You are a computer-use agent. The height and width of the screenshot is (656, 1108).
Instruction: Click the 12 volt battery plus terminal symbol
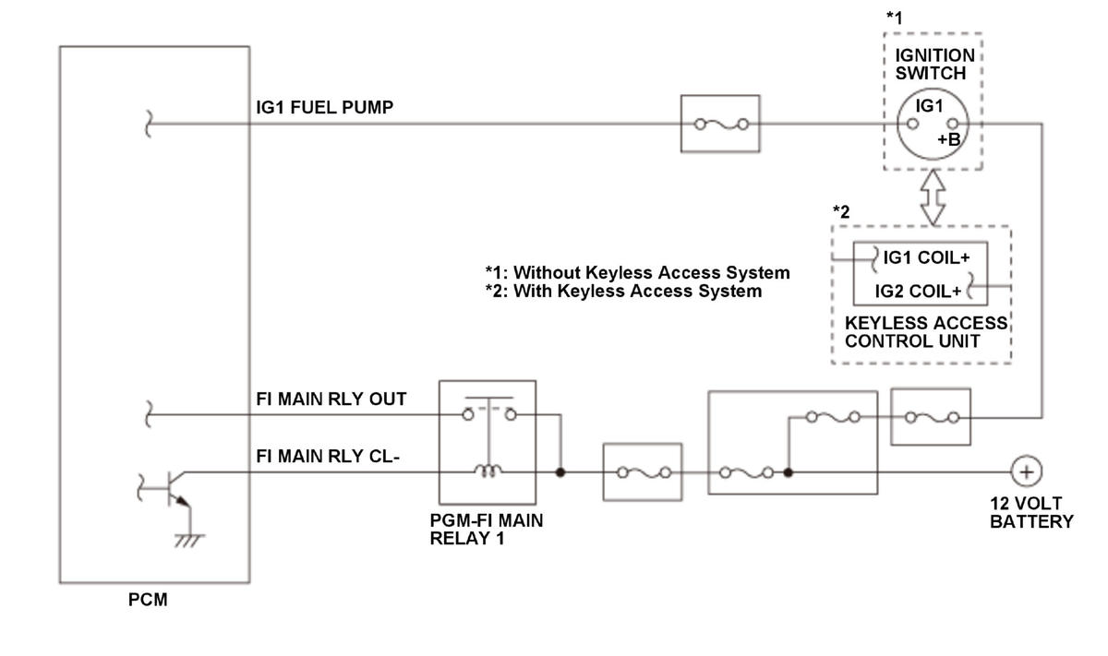click(x=1027, y=471)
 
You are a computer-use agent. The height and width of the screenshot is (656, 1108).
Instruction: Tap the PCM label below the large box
click(x=148, y=600)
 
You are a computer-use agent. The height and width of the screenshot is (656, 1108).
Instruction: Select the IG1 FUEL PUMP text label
click(x=324, y=107)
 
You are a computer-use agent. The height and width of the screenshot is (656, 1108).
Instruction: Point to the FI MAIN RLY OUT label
click(x=331, y=399)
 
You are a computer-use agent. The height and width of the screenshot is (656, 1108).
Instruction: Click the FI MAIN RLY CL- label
click(x=328, y=457)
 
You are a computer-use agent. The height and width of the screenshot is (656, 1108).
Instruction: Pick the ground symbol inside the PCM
click(x=189, y=541)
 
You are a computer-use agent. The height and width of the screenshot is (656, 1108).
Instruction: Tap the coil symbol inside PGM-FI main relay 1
click(x=488, y=471)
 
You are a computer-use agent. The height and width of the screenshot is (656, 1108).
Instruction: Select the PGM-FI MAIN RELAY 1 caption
click(x=487, y=530)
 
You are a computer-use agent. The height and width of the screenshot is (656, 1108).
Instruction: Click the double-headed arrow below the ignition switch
click(x=933, y=197)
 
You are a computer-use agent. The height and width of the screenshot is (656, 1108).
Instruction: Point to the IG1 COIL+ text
click(x=926, y=257)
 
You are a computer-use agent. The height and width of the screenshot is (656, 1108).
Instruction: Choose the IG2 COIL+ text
click(x=918, y=292)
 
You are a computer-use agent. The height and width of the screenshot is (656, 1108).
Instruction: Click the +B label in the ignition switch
click(x=949, y=140)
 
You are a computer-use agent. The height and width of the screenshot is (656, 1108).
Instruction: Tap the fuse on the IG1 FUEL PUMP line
click(x=721, y=124)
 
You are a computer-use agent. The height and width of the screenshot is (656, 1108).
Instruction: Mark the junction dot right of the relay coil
click(x=560, y=472)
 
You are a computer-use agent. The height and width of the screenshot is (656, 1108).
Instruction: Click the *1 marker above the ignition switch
click(x=895, y=18)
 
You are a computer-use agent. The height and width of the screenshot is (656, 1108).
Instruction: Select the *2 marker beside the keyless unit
click(x=841, y=211)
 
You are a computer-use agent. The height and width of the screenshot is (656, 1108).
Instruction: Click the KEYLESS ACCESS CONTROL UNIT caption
click(x=926, y=332)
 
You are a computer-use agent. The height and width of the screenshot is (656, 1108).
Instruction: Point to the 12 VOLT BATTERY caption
click(x=1031, y=513)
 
